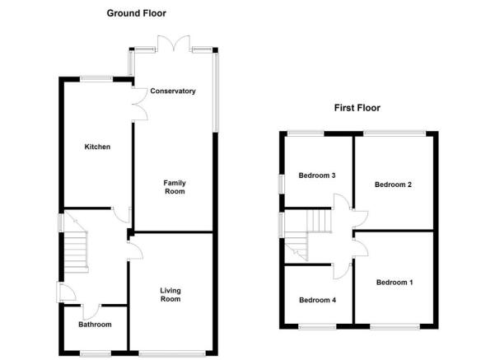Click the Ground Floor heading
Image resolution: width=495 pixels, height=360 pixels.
point(137,13)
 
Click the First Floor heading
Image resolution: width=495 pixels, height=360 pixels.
point(357,108)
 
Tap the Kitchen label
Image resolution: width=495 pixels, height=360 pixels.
point(97,147)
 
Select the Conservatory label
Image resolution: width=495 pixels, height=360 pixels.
point(173,91)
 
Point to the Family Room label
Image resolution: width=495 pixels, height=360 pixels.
point(175,187)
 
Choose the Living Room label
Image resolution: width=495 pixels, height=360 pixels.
point(170,295)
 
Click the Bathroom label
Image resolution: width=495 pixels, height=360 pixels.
point(95,325)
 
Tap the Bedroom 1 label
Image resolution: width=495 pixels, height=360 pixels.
point(395,283)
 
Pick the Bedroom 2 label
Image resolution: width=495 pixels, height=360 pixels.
point(393,185)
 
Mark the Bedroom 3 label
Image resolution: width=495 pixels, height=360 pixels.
point(316,175)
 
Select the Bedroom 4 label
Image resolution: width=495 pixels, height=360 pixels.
point(317,300)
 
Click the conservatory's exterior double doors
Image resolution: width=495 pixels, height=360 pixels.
point(174,44)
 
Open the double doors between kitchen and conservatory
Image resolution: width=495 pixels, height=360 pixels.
point(140,104)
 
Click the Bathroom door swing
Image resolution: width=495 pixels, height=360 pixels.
point(91,312)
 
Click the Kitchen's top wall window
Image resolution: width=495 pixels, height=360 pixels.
point(96,79)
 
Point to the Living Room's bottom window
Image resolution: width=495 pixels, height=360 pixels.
point(172,353)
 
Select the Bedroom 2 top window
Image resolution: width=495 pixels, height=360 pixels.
point(395,133)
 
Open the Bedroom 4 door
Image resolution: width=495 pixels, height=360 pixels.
point(342,271)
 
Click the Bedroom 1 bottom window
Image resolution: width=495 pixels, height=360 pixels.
point(395,326)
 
